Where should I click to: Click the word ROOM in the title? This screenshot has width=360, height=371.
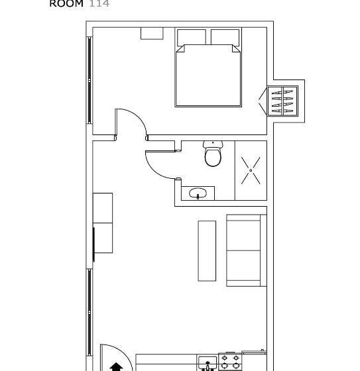coord(66,3)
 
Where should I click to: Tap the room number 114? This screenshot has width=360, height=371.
coord(99,3)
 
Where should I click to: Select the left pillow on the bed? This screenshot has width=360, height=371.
coord(192,37)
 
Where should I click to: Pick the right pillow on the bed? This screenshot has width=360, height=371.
coord(225,37)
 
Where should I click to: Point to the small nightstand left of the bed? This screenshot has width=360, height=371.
coord(152,34)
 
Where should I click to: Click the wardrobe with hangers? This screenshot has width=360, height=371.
coord(282,101)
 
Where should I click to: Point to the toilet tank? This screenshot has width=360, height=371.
coord(213,144)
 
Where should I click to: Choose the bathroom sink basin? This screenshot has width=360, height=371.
coord(198,193)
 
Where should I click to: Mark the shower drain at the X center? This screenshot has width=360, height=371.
coord(251,170)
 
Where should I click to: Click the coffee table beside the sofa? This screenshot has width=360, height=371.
coord(208,250)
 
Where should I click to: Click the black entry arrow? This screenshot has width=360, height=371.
coord(117,365)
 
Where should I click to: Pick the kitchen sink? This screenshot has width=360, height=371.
coord(208,364)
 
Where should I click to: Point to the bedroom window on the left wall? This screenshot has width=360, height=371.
coord(90,79)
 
